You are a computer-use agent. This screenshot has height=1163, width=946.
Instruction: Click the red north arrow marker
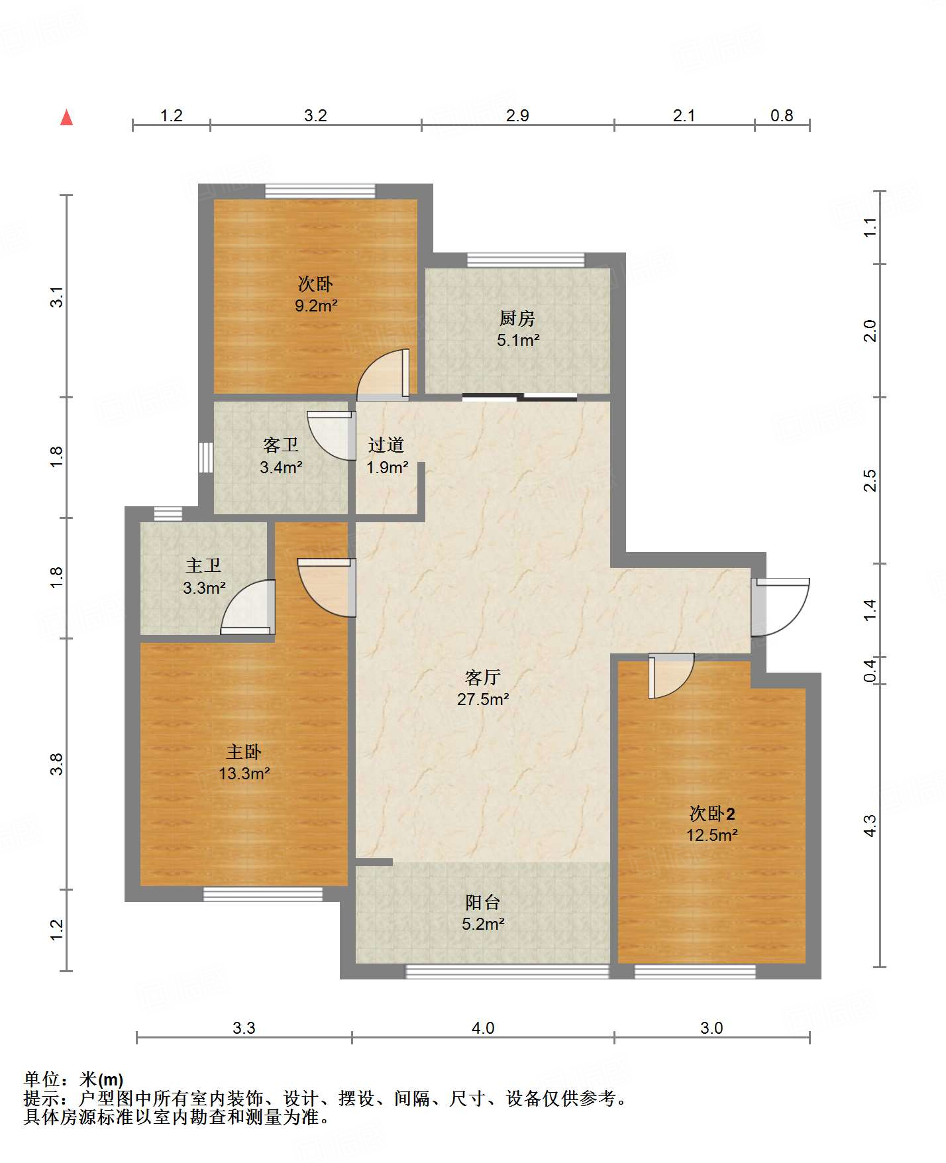coord(66,117)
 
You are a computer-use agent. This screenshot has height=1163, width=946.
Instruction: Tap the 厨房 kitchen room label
coord(517,319)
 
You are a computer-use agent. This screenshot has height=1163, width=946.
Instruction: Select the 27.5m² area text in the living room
coord(483,698)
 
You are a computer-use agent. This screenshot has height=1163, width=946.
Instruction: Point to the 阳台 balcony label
coord(482,902)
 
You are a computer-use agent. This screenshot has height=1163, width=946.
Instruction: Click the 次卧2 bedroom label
coord(712,813)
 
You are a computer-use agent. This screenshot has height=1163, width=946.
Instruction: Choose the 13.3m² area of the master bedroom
coord(244,773)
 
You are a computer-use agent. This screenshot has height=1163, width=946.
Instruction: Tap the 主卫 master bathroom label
coord(203,565)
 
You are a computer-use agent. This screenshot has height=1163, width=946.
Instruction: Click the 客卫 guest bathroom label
coord(281,445)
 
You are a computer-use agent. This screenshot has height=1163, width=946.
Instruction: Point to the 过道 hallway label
coord(386,445)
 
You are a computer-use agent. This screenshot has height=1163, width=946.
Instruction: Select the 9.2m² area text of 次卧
coord(316,305)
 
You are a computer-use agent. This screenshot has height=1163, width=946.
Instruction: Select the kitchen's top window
coord(526,260)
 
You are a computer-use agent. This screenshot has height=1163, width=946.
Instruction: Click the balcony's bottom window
coord(507,971)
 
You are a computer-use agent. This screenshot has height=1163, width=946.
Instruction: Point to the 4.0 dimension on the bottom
coord(483,1028)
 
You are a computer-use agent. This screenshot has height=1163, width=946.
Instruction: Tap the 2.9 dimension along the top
coord(517,116)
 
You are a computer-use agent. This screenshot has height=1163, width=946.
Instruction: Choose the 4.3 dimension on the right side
coord(870,826)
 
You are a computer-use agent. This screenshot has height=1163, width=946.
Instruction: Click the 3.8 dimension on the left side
coord(58,764)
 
